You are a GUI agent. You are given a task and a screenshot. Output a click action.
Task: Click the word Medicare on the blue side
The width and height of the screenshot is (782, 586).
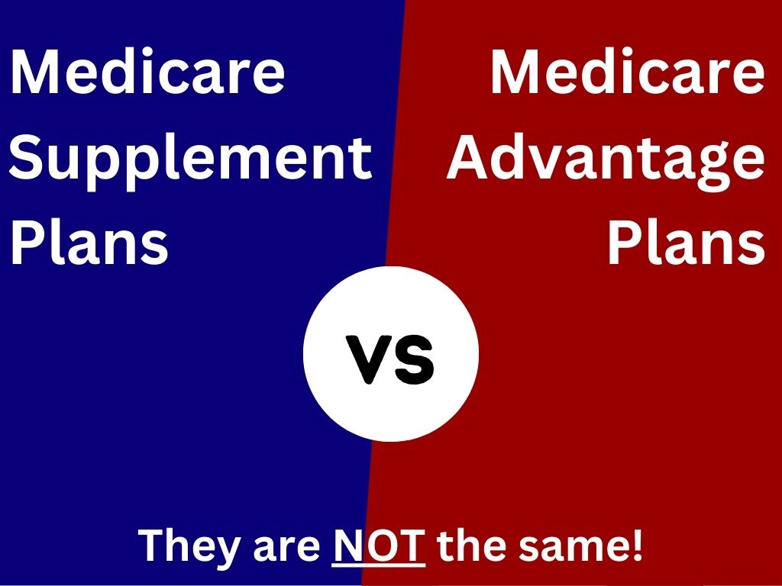click(147, 71)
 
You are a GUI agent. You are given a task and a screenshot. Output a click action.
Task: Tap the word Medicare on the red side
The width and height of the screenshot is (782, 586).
click(628, 71)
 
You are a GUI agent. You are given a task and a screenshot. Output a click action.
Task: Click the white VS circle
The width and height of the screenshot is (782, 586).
click(391, 354)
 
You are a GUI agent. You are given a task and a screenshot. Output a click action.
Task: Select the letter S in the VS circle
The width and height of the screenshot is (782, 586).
click(413, 360)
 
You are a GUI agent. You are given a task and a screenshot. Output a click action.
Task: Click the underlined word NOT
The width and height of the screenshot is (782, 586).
click(379, 545)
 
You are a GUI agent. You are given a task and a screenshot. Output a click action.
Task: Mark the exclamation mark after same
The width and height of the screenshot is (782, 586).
click(637, 546)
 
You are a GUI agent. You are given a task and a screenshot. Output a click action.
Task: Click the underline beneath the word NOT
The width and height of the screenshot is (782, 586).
click(379, 565)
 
